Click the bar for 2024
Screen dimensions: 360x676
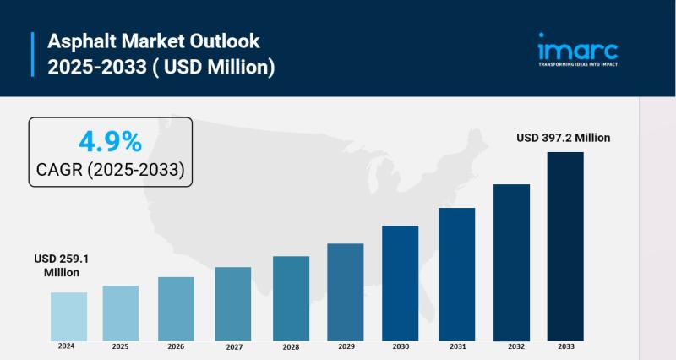pos(68,316)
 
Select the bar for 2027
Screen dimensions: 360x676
pos(233,303)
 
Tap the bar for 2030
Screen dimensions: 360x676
pos(400,282)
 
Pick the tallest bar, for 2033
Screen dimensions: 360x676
pos(565,246)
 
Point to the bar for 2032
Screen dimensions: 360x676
pos(511,262)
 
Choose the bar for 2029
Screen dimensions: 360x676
pos(345,292)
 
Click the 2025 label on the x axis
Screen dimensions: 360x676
pos(121,346)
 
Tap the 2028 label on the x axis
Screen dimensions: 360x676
pos(291,347)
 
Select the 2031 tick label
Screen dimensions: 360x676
pos(456,347)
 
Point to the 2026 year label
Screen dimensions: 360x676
pos(176,346)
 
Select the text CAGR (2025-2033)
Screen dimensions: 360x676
pos(111,169)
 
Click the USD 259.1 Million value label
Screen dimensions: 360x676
pos(57,265)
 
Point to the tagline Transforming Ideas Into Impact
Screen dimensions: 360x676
pos(578,63)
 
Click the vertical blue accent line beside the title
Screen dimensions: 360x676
pos(33,53)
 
